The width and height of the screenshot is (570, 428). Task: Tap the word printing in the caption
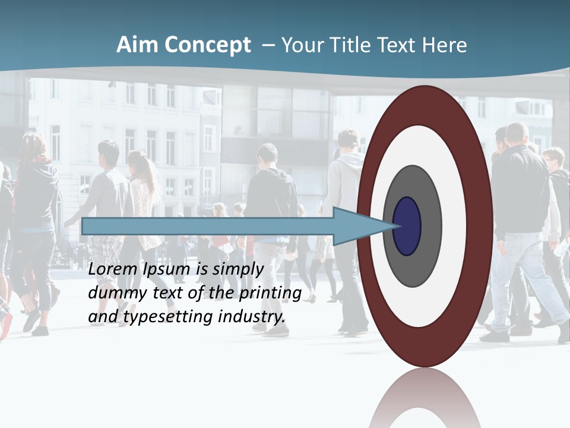click(271, 294)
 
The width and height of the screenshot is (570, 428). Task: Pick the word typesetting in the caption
click(168, 317)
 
